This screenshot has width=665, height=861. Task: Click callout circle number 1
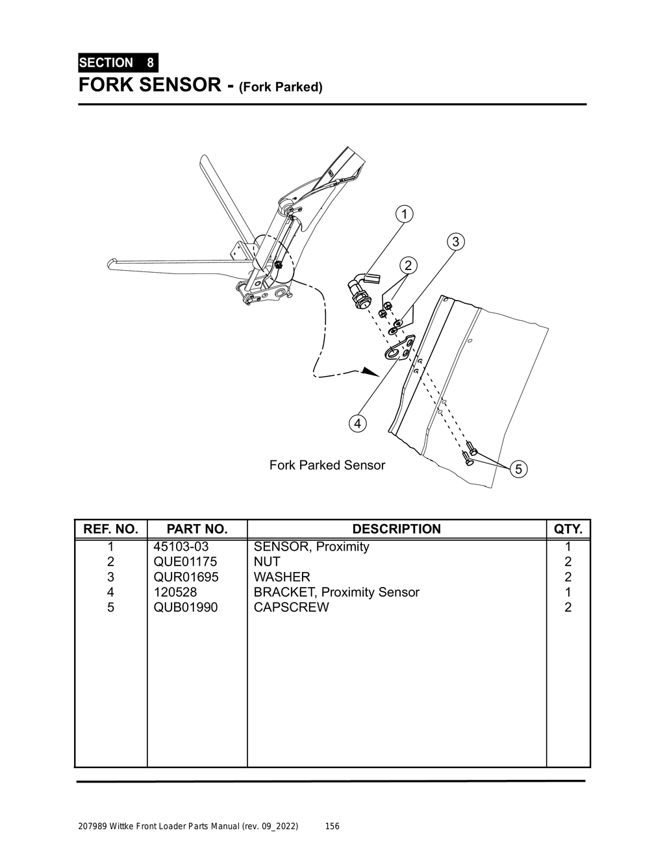pos(403,214)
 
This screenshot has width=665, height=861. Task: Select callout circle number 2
pos(408,266)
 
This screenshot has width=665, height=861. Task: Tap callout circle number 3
pos(455,242)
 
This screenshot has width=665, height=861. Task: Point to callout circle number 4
pos(357,424)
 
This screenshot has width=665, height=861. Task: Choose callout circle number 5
pos(519,469)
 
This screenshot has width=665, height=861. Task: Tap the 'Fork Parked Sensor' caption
pos(327,466)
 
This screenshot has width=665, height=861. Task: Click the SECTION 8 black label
pos(118,63)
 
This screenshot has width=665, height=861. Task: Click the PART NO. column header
pos(197,529)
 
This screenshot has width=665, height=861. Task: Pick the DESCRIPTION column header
pos(396,529)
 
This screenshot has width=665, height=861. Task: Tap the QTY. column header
pos(568,529)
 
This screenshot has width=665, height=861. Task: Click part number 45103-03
pos(181,547)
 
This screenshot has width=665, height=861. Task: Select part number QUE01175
pos(185,562)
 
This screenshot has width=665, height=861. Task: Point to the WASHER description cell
pos(282,577)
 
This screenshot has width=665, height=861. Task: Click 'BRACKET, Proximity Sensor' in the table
pos(336,592)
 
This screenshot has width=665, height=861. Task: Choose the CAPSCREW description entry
pos(291,608)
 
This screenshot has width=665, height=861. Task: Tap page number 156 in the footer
pos(332,827)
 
